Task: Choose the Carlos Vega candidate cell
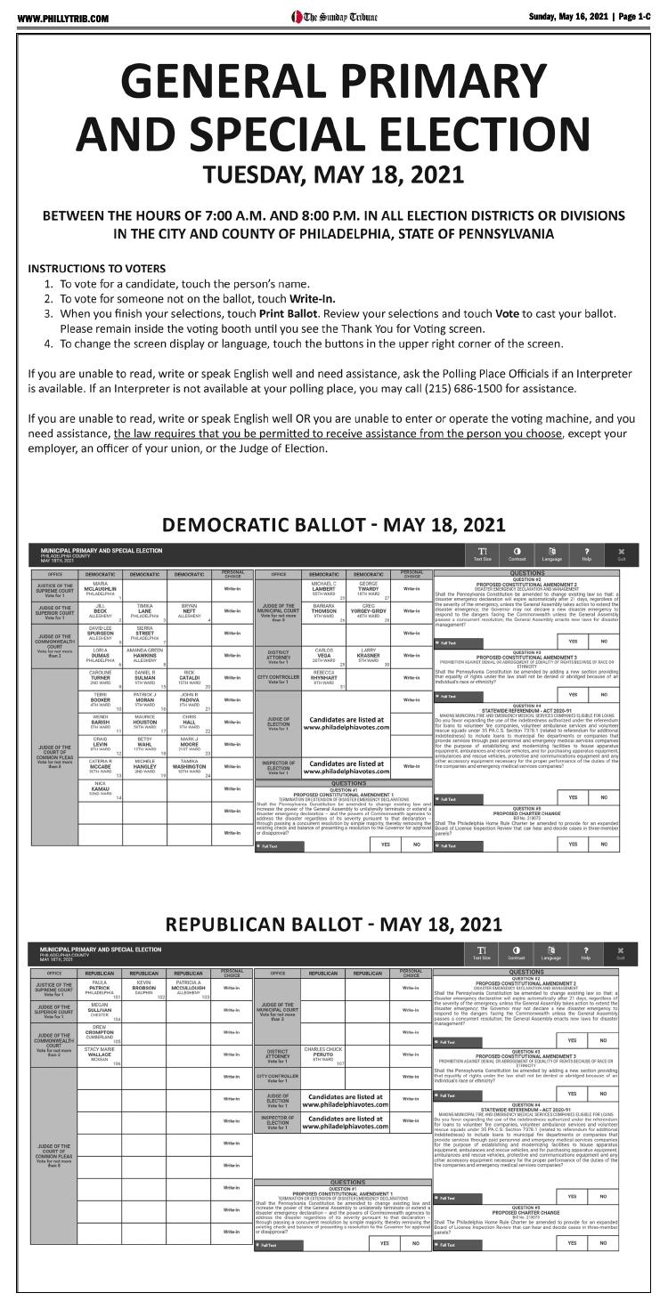click(324, 657)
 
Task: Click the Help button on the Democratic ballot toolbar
click(585, 554)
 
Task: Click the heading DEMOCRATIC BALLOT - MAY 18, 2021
click(333, 525)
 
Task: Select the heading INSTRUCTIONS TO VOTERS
click(96, 269)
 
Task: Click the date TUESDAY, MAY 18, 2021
click(333, 174)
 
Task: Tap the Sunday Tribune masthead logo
click(334, 17)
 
